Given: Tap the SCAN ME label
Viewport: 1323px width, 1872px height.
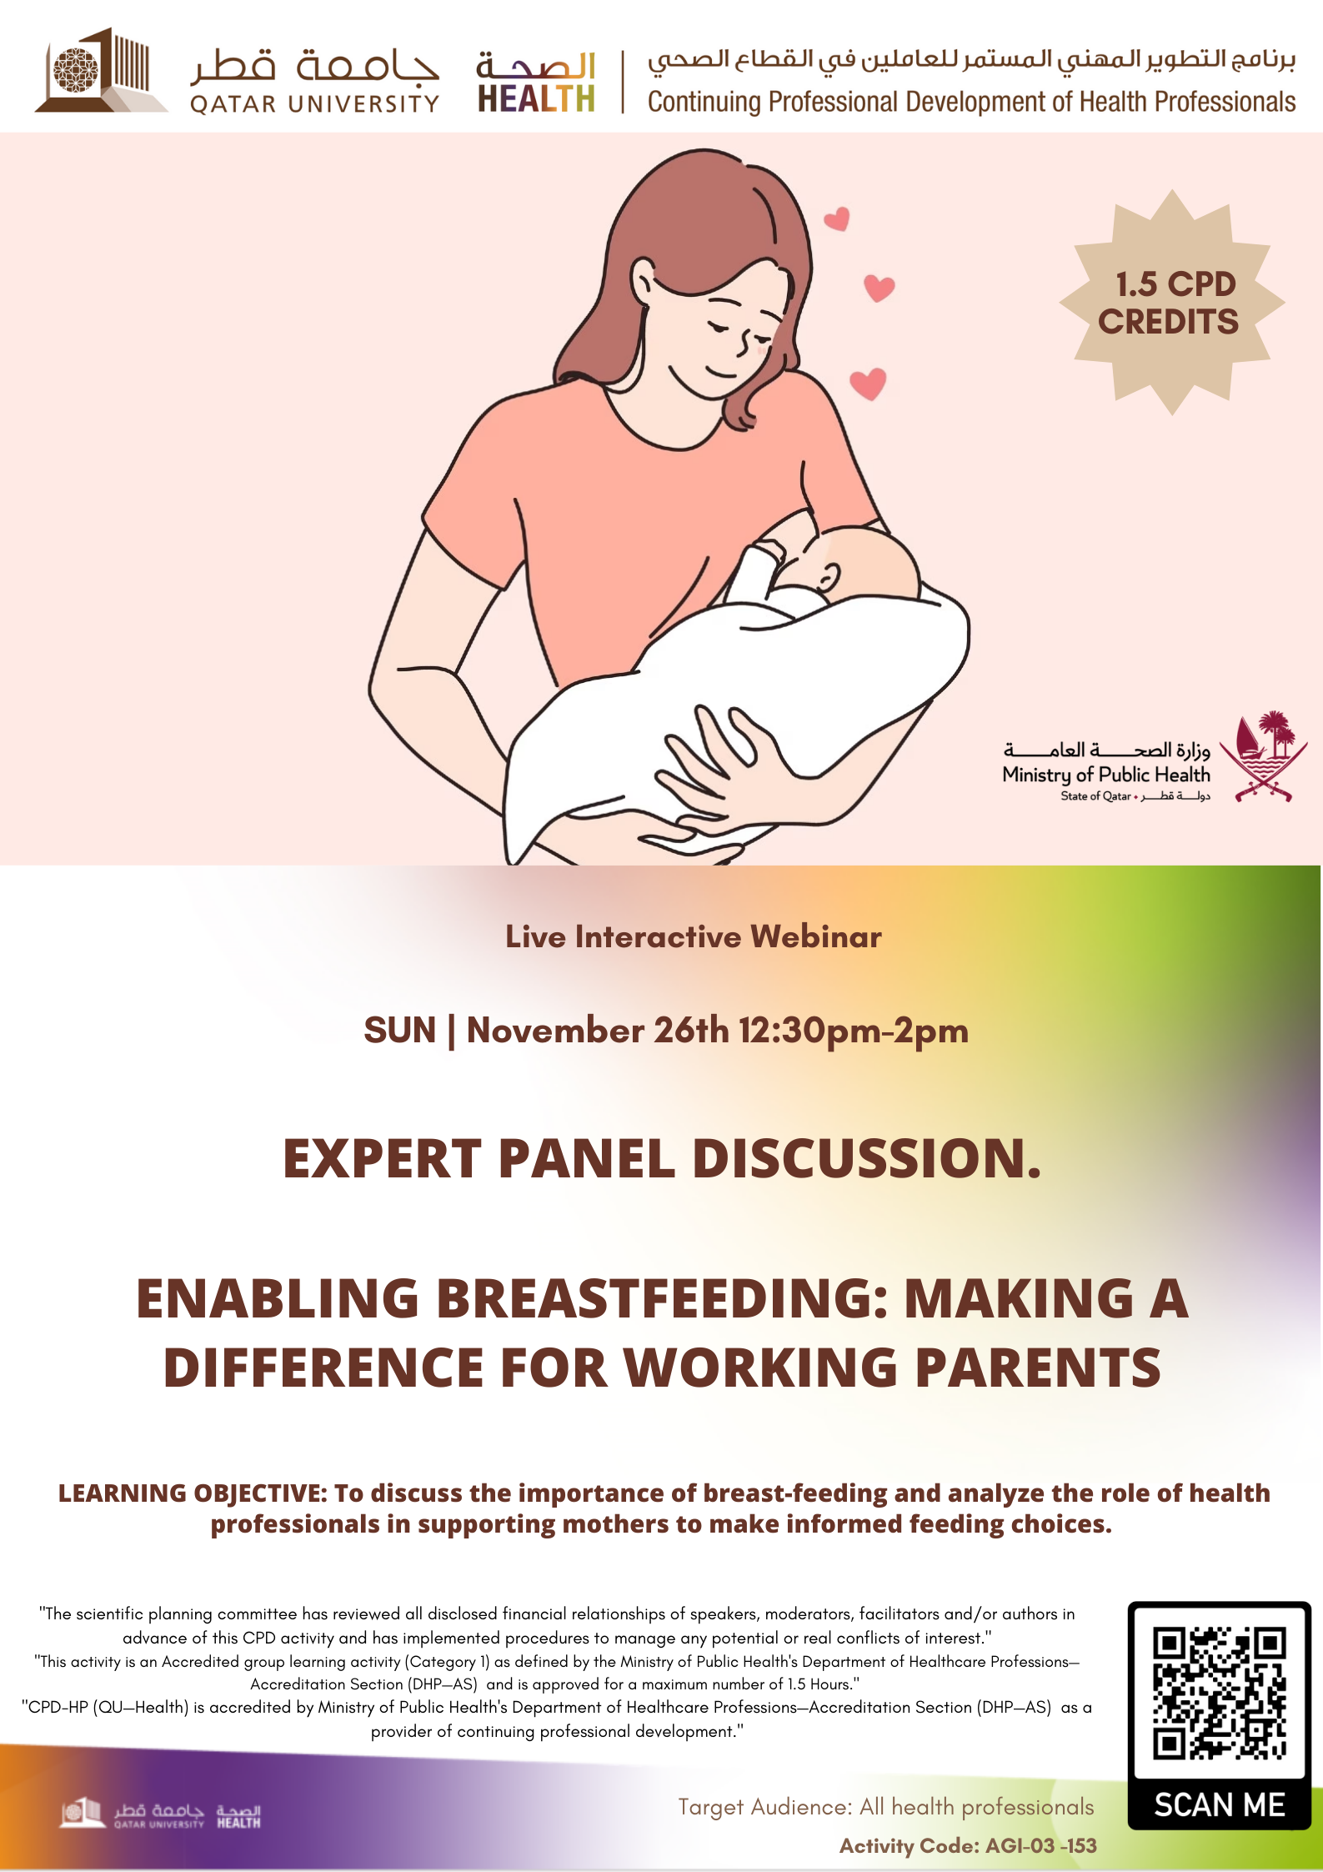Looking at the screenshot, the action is coord(1220,1804).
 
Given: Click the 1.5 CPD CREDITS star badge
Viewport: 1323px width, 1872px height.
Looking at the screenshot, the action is coord(1171,302).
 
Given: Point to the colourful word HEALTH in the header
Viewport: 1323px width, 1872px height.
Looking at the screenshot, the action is coord(536,98).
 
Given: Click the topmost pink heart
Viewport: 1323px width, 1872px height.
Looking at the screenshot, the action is coord(836,218).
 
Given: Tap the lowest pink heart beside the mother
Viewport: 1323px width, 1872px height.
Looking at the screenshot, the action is coord(868,384).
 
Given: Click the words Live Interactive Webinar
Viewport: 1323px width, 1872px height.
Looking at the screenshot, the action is coord(694,936).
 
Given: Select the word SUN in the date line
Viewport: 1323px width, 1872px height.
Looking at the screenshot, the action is coord(400,1030).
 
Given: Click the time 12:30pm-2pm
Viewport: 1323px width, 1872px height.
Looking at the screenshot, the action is coord(854,1031).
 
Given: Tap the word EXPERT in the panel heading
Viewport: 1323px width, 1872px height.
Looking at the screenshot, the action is coord(383,1158).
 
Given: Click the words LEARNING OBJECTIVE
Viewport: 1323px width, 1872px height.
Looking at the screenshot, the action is coord(192,1493).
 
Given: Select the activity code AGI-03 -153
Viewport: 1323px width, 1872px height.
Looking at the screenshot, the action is coord(1040,1846).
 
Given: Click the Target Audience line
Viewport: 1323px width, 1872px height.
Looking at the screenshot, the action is coord(885,1807).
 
